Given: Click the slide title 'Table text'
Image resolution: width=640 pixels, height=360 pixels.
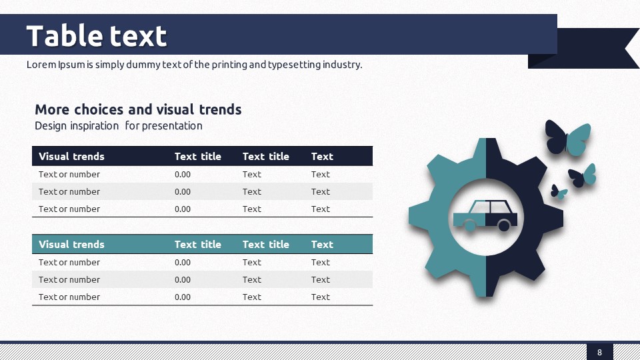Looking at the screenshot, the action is pyautogui.click(x=96, y=36).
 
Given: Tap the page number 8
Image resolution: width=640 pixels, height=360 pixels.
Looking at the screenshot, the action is pyautogui.click(x=599, y=352).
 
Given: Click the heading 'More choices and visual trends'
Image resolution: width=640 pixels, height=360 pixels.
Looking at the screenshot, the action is pyautogui.click(x=138, y=109).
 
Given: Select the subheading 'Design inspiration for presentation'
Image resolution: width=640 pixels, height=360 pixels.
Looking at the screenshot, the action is pyautogui.click(x=119, y=126).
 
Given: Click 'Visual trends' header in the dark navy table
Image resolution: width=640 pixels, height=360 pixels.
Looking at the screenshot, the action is pyautogui.click(x=71, y=156).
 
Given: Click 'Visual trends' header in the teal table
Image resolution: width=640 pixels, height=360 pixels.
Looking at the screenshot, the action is pyautogui.click(x=71, y=244).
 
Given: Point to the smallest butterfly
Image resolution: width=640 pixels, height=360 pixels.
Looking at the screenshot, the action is pyautogui.click(x=559, y=191).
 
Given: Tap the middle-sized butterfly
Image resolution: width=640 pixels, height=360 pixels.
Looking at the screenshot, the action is pyautogui.click(x=582, y=175).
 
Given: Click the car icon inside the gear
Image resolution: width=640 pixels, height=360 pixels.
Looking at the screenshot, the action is pyautogui.click(x=485, y=215).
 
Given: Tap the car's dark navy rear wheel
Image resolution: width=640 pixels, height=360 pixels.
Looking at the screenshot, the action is pyautogui.click(x=504, y=225).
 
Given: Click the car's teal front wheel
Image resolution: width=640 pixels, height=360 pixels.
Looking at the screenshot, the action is pyautogui.click(x=469, y=225).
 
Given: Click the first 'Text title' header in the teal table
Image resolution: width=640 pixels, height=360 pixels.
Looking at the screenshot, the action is pyautogui.click(x=197, y=244).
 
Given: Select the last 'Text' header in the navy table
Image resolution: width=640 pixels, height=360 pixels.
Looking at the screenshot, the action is pyautogui.click(x=322, y=156).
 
